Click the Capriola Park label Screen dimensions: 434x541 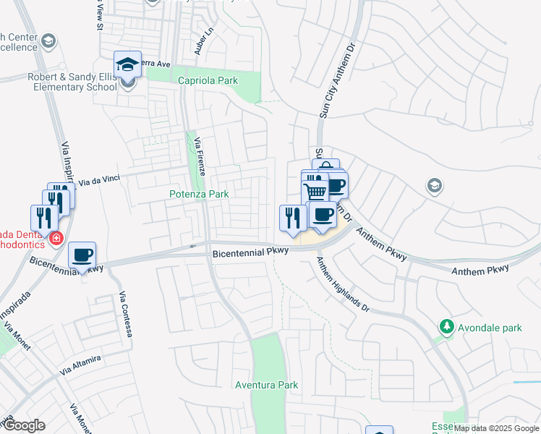pyautogui.click(x=208, y=81)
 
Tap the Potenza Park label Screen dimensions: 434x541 pyautogui.click(x=199, y=194)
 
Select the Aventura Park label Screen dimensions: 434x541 pyautogui.click(x=267, y=385)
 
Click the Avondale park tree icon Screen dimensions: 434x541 pyautogui.click(x=447, y=328)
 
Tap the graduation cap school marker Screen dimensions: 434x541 pyautogui.click(x=127, y=64)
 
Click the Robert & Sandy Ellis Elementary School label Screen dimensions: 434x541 pyautogui.click(x=72, y=82)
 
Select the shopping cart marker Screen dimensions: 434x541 pyautogui.click(x=315, y=192)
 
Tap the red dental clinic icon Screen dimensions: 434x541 pyautogui.click(x=56, y=237)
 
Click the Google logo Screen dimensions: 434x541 pyautogui.click(x=24, y=426)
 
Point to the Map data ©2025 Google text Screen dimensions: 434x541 pyautogui.click(x=496, y=428)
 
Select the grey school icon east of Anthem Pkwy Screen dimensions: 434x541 pyautogui.click(x=434, y=185)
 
